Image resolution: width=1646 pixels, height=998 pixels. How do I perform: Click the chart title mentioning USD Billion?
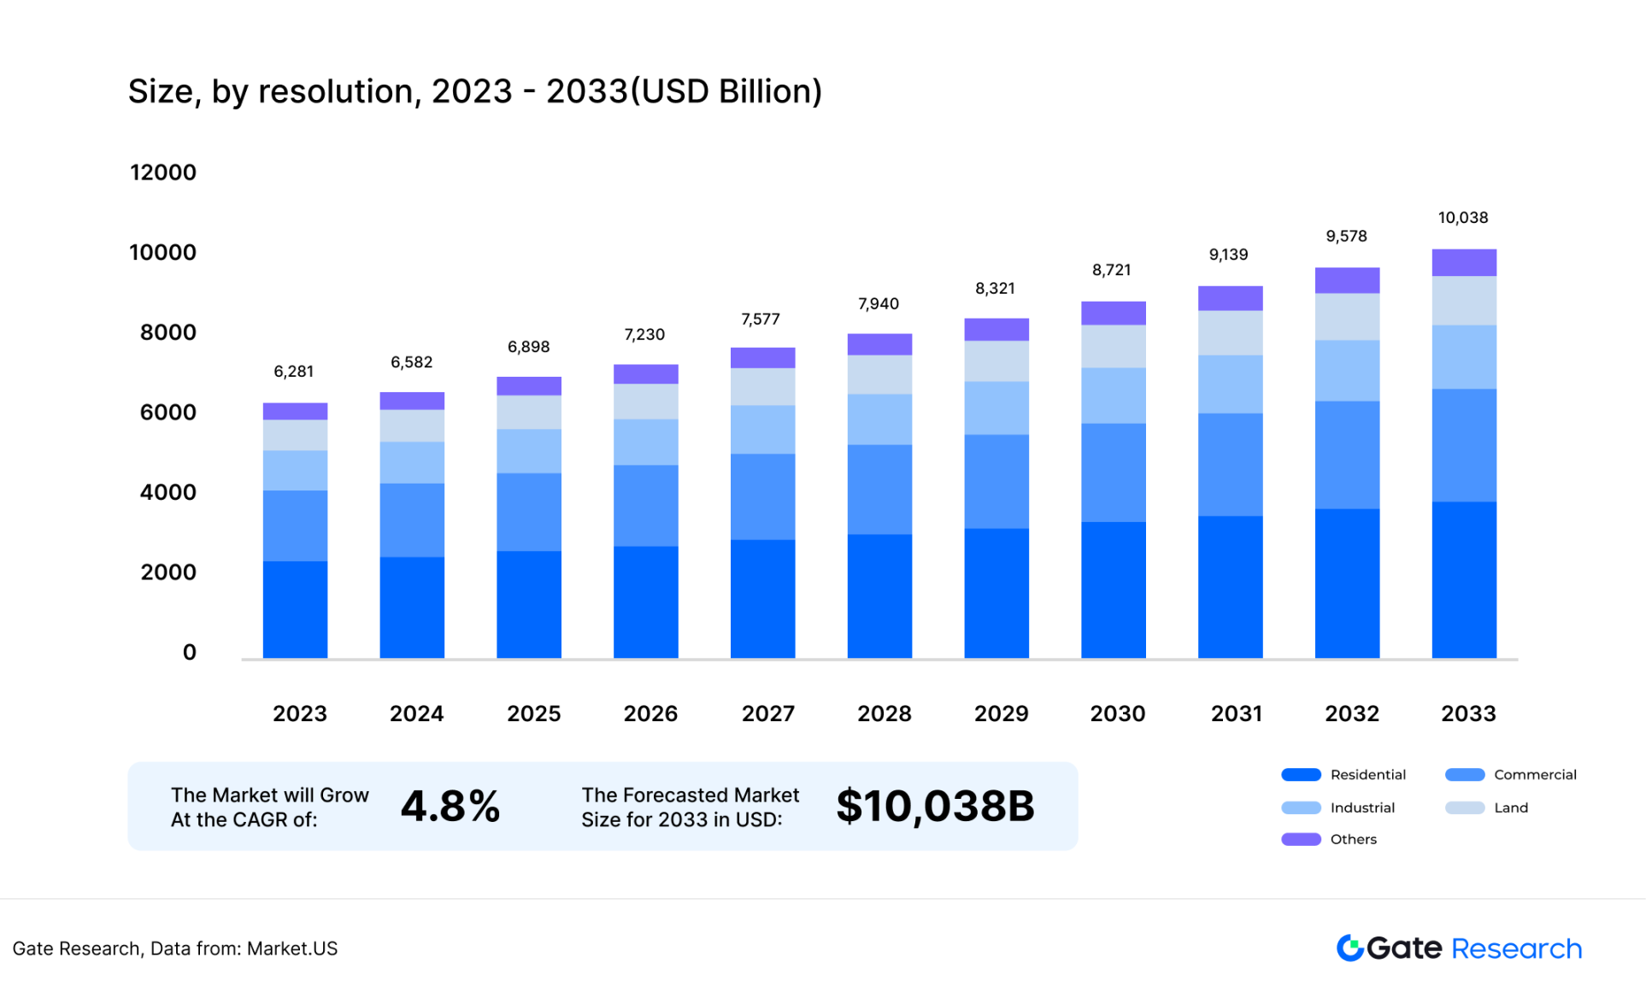click(x=474, y=91)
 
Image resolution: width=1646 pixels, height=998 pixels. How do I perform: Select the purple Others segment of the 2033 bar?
click(x=1463, y=262)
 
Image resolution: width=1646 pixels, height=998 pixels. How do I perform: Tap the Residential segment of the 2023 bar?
click(x=295, y=609)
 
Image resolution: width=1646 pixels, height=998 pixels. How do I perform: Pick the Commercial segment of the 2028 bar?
click(x=879, y=490)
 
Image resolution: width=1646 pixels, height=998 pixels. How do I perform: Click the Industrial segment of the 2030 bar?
click(x=1113, y=396)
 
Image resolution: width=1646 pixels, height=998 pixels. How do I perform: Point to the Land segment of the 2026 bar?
click(x=645, y=402)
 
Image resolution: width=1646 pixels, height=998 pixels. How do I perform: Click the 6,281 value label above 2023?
click(x=293, y=372)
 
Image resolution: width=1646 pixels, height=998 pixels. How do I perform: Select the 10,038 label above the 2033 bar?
click(x=1462, y=218)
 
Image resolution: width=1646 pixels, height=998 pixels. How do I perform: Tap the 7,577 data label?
click(x=760, y=320)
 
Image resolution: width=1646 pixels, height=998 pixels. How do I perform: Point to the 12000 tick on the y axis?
click(x=163, y=173)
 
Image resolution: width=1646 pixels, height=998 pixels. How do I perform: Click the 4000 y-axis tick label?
click(x=168, y=492)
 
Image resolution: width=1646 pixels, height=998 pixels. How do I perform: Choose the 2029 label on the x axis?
click(x=1001, y=713)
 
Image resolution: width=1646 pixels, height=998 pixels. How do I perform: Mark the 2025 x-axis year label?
click(x=533, y=713)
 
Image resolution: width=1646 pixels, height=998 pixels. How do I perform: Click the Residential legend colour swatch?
click(x=1301, y=775)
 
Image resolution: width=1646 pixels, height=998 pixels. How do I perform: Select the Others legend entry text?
click(x=1353, y=839)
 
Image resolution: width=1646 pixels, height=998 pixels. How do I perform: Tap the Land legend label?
click(x=1510, y=807)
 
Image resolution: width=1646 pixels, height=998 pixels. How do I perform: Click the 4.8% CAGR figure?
click(x=450, y=806)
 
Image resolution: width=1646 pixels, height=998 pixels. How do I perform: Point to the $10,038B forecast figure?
click(x=935, y=806)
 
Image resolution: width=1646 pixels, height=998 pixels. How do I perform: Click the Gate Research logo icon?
click(x=1349, y=948)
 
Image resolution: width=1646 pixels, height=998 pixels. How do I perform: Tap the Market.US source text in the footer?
click(x=292, y=948)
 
